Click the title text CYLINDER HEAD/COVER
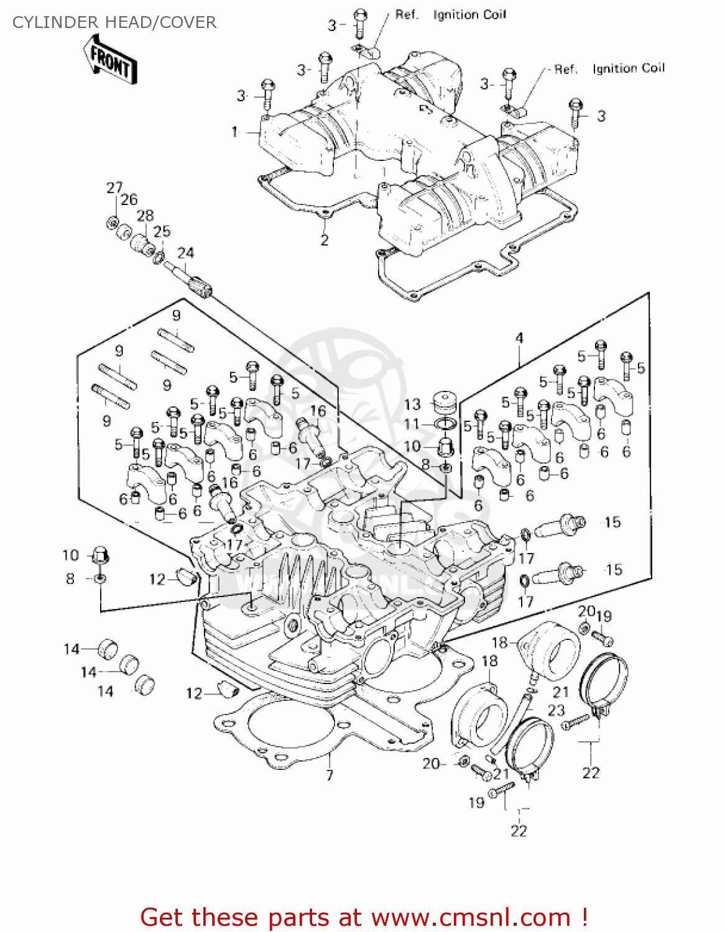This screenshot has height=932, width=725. pyautogui.click(x=114, y=22)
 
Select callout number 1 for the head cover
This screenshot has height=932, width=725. pyautogui.click(x=235, y=132)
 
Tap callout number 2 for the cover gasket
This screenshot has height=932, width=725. pyautogui.click(x=324, y=240)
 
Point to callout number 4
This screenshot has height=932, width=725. pyautogui.click(x=519, y=339)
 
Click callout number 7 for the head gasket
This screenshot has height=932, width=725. pyautogui.click(x=329, y=775)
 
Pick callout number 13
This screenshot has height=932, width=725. pyautogui.click(x=412, y=404)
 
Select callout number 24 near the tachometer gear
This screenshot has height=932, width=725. pyautogui.click(x=185, y=253)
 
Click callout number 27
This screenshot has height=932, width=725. pyautogui.click(x=114, y=188)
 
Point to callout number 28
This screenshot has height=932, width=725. pyautogui.click(x=145, y=216)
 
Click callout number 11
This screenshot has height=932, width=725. pyautogui.click(x=412, y=424)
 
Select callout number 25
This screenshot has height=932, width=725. pyautogui.click(x=162, y=232)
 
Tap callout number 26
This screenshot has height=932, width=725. pyautogui.click(x=129, y=199)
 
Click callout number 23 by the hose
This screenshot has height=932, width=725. pyautogui.click(x=556, y=710)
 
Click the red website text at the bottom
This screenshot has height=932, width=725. pyautogui.click(x=364, y=917)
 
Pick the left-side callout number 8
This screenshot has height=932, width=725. pyautogui.click(x=70, y=578)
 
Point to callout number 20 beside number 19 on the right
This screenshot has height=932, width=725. pyautogui.click(x=586, y=611)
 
